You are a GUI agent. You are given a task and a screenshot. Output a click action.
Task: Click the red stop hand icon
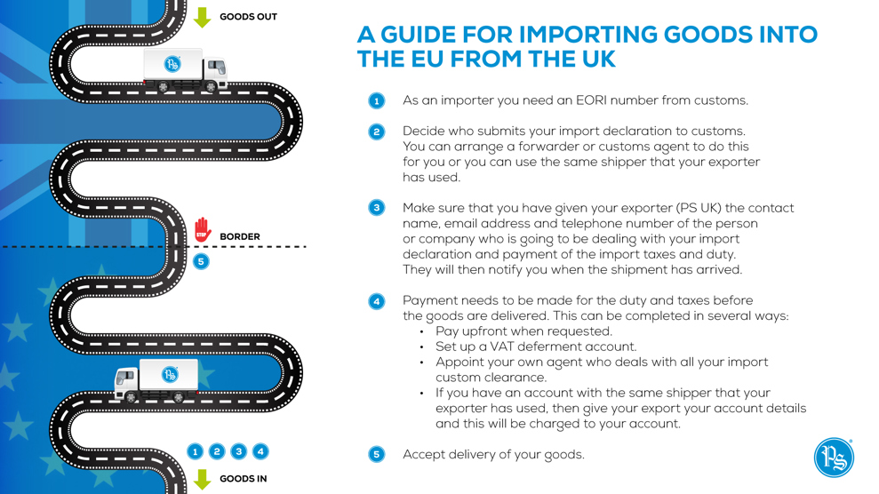click(203, 229)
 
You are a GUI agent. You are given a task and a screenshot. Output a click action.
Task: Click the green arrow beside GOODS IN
click(203, 479)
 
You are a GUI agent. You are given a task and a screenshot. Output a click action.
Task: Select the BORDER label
click(240, 236)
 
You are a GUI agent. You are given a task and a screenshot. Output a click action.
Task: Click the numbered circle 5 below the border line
click(201, 261)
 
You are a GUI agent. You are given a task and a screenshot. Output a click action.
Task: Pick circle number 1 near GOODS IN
click(195, 451)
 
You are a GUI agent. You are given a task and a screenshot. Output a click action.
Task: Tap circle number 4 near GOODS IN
click(260, 451)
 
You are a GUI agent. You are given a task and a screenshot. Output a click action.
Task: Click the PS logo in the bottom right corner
click(835, 458)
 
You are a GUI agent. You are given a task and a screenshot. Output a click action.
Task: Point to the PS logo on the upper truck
click(172, 64)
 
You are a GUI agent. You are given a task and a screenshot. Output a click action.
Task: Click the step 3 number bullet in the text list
click(377, 208)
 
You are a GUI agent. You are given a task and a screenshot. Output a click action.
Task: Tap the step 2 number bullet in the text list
click(377, 131)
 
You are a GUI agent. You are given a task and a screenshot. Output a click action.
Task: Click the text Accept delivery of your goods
click(493, 454)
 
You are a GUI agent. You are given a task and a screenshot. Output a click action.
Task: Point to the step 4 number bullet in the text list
click(377, 301)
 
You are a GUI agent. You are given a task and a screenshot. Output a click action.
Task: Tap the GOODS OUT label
click(248, 17)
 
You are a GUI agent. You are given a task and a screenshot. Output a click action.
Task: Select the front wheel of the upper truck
click(211, 87)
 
